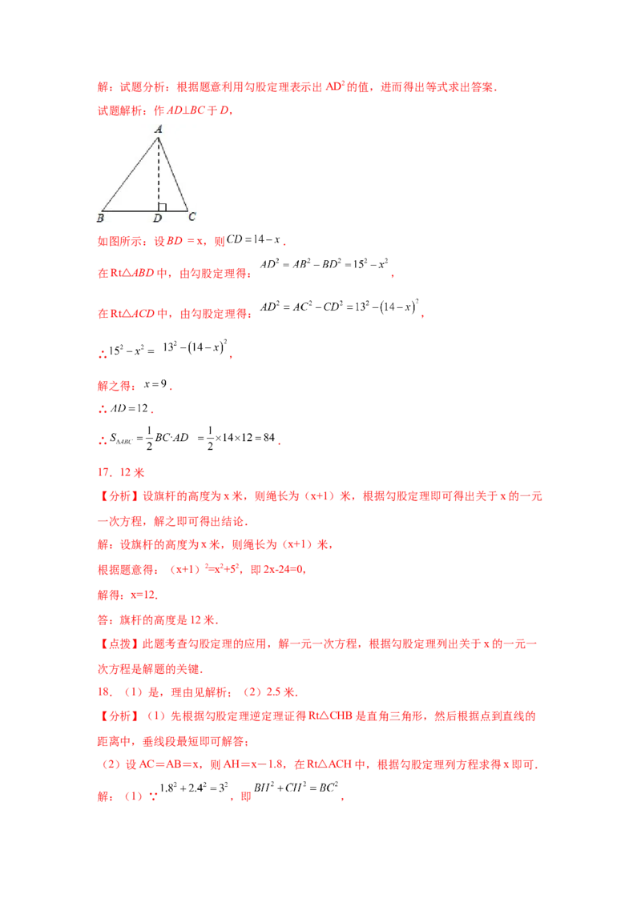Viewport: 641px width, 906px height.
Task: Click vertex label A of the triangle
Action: (159, 129)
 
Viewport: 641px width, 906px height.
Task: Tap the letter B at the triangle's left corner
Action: (100, 217)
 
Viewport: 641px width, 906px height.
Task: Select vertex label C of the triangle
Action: (191, 216)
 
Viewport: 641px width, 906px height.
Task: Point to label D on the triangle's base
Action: (157, 218)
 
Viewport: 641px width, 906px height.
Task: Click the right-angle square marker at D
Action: (162, 206)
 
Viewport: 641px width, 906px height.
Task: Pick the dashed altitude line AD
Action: (159, 172)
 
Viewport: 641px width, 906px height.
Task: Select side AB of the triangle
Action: (130, 174)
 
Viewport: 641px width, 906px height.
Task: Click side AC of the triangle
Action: (173, 174)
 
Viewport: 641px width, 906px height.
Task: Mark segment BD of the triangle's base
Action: (130, 210)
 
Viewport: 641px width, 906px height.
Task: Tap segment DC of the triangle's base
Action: (173, 210)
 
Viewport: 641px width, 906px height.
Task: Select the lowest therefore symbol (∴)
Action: (99, 439)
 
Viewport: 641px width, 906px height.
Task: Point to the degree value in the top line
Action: (335, 88)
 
